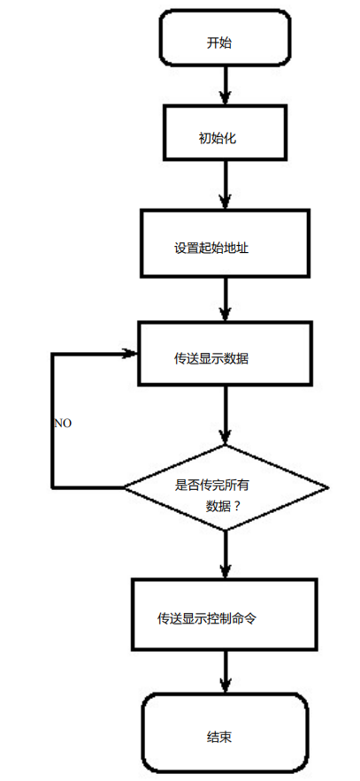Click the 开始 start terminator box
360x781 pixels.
click(x=224, y=41)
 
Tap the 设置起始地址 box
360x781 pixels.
click(x=225, y=242)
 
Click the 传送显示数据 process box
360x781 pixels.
click(x=224, y=354)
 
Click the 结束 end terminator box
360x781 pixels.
click(x=225, y=731)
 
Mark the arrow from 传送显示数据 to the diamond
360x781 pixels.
click(x=226, y=416)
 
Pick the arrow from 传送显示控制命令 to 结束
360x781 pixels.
click(x=226, y=672)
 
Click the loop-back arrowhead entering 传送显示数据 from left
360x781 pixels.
click(x=131, y=355)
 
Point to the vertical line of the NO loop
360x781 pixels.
click(x=53, y=420)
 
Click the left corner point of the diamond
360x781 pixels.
click(x=125, y=487)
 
